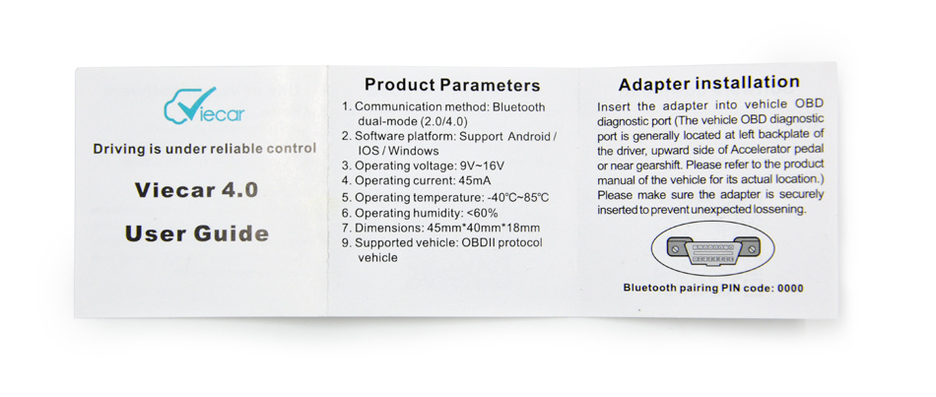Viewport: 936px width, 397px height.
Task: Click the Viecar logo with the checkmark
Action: [x=204, y=105]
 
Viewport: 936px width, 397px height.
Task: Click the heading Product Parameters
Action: [x=452, y=85]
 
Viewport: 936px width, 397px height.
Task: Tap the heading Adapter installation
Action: [x=708, y=83]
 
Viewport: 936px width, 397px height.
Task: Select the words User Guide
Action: [x=196, y=233]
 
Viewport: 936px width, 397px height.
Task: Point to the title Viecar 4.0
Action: [x=196, y=189]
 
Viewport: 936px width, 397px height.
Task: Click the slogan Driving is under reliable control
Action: [x=205, y=149]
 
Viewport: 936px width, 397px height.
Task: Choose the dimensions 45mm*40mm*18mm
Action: [x=485, y=228]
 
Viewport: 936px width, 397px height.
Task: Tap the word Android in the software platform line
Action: [x=529, y=137]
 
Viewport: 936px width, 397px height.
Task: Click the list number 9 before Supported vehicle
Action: [x=346, y=243]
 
